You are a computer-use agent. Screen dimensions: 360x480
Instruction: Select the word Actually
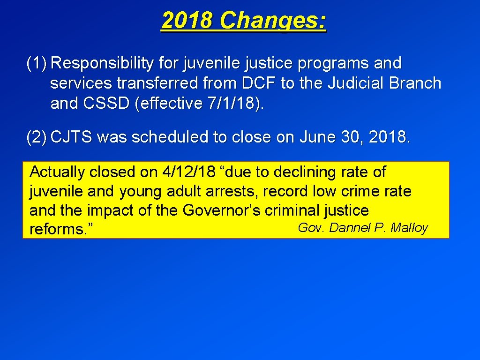click(57, 172)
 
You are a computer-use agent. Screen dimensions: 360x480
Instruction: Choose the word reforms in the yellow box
click(56, 230)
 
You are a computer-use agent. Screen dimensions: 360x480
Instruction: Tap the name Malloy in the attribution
click(409, 228)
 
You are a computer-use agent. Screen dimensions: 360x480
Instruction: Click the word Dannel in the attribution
click(350, 228)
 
